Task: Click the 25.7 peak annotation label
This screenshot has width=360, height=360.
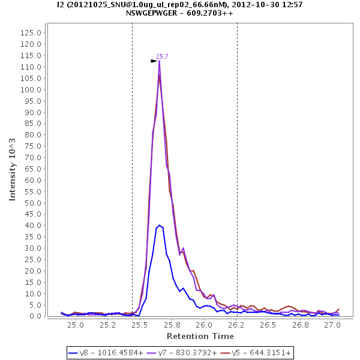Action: point(162,56)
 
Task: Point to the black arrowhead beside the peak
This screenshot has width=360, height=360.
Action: point(154,61)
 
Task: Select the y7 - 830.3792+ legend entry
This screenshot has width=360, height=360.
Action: point(184,353)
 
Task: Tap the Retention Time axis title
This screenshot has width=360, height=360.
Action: point(200,336)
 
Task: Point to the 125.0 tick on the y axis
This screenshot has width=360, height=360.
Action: point(31,33)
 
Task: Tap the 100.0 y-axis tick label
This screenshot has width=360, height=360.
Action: point(31,89)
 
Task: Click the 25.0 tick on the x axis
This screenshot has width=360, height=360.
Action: point(75,325)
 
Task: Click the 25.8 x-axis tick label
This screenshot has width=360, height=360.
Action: point(172,325)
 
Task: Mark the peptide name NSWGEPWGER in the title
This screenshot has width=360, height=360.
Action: point(160,13)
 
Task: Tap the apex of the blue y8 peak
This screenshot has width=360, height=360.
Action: point(159,225)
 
